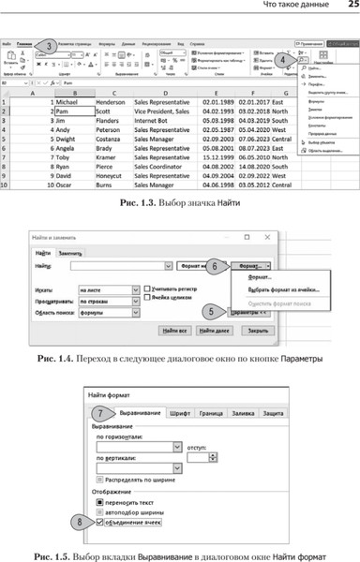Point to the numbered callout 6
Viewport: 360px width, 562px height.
coord(214,266)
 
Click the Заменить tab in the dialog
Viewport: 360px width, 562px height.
coord(71,253)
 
